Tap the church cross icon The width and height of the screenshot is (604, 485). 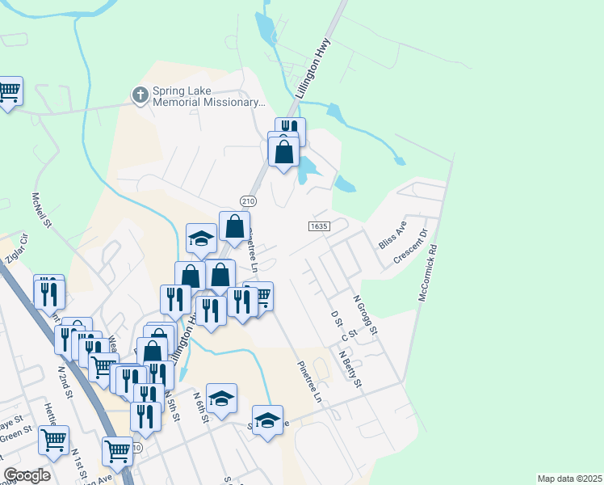pyautogui.click(x=141, y=95)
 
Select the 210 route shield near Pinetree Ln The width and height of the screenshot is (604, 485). pyautogui.click(x=248, y=200)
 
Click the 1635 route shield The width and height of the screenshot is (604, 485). pyautogui.click(x=319, y=227)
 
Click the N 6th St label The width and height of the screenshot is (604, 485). pyautogui.click(x=201, y=407)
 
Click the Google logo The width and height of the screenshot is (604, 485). pyautogui.click(x=27, y=475)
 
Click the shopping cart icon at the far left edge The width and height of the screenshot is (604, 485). pyautogui.click(x=8, y=91)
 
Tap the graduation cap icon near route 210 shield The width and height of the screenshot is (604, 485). pyautogui.click(x=201, y=238)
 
